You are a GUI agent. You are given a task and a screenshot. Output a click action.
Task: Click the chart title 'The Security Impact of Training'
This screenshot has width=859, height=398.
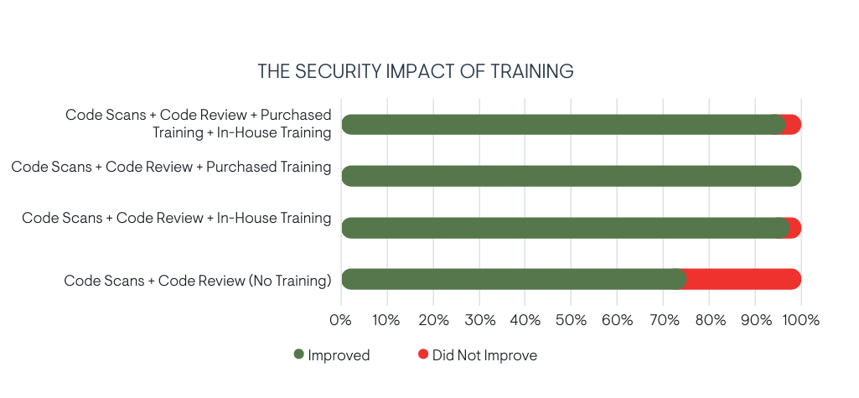point(415,71)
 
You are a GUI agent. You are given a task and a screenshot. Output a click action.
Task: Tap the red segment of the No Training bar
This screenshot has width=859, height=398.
point(742,279)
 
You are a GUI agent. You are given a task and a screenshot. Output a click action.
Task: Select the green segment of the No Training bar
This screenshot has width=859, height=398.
point(511,279)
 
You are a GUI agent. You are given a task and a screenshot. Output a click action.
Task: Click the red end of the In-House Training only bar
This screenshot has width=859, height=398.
point(794,228)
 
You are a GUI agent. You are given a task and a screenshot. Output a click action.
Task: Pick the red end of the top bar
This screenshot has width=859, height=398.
point(793,125)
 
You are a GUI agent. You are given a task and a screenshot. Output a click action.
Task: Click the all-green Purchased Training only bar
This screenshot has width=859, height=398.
point(570,176)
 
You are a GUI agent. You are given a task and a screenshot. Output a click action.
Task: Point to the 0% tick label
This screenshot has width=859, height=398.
point(340,320)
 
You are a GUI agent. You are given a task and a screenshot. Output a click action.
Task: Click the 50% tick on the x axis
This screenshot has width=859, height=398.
point(570,320)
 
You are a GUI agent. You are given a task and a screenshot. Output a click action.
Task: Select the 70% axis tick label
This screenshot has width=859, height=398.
point(662,320)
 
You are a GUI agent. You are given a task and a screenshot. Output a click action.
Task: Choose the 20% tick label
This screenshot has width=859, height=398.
point(432,320)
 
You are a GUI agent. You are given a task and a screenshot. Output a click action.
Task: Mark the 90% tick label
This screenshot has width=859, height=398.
point(754,320)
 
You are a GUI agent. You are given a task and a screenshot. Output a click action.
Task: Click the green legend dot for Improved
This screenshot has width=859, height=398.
point(298,354)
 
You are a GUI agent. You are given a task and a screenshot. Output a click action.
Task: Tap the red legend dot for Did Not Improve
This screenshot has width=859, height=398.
point(422,354)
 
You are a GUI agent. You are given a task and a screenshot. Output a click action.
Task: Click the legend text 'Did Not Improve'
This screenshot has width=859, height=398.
point(484,355)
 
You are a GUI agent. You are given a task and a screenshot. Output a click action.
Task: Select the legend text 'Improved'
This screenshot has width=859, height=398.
point(339,355)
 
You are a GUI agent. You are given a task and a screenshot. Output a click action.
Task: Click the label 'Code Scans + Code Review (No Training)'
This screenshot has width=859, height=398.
point(198,281)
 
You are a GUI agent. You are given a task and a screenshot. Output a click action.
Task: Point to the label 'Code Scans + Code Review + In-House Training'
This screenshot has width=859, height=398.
point(177,218)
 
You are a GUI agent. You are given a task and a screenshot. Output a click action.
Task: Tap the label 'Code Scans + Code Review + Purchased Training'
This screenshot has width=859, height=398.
point(171,167)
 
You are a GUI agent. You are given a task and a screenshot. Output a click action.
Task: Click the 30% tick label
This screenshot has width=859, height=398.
point(479,320)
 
